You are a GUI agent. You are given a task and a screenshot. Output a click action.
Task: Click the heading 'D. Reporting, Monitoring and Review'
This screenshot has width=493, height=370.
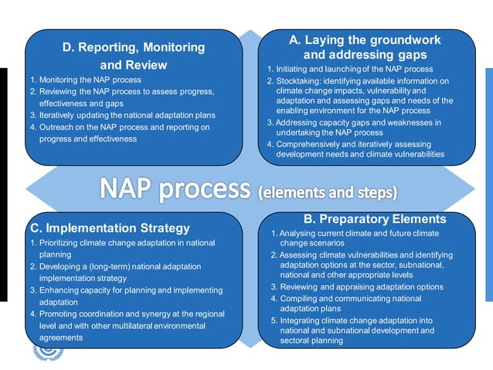[x=133, y=56]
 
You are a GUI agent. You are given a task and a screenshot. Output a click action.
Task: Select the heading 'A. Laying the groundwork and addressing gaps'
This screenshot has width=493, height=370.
[x=364, y=47]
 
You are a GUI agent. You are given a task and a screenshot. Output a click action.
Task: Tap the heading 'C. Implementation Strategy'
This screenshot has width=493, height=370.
[x=109, y=228]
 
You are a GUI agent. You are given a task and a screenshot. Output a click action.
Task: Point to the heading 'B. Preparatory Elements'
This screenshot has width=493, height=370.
[x=374, y=219]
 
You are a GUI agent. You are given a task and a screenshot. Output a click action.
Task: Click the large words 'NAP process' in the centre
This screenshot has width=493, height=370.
[x=175, y=189]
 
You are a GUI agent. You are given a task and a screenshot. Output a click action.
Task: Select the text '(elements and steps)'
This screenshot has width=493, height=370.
[x=328, y=191]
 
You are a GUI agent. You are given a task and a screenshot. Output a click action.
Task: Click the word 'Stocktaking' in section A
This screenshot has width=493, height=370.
[x=303, y=81]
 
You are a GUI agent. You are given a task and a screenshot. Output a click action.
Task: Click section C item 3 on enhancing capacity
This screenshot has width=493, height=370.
[x=124, y=296]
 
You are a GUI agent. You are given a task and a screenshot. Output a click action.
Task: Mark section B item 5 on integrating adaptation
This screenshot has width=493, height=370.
[x=355, y=330]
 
